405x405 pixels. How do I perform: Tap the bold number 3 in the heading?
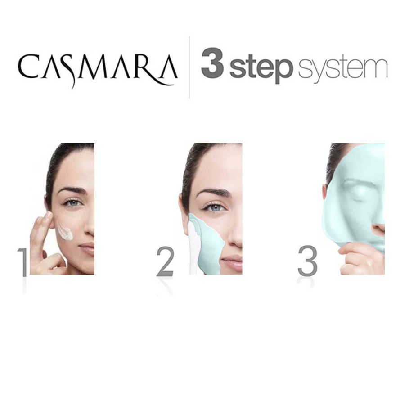[x=213, y=65]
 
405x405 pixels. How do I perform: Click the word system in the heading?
[x=342, y=67]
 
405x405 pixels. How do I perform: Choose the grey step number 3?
[x=307, y=262]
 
